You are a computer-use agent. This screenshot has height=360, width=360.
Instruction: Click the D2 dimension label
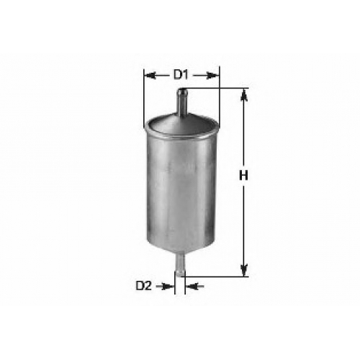click(x=144, y=286)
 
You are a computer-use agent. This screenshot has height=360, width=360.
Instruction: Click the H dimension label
click(x=243, y=176)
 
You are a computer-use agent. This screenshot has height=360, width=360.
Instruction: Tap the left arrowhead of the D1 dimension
click(x=149, y=76)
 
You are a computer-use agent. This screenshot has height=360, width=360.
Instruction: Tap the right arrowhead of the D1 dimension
click(x=213, y=76)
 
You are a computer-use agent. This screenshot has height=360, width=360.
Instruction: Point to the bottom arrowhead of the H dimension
click(x=244, y=270)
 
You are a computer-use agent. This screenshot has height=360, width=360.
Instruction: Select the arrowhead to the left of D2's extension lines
click(x=168, y=286)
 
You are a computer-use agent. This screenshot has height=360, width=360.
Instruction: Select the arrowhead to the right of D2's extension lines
click(x=192, y=286)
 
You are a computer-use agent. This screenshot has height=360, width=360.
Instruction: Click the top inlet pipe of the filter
click(x=182, y=102)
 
